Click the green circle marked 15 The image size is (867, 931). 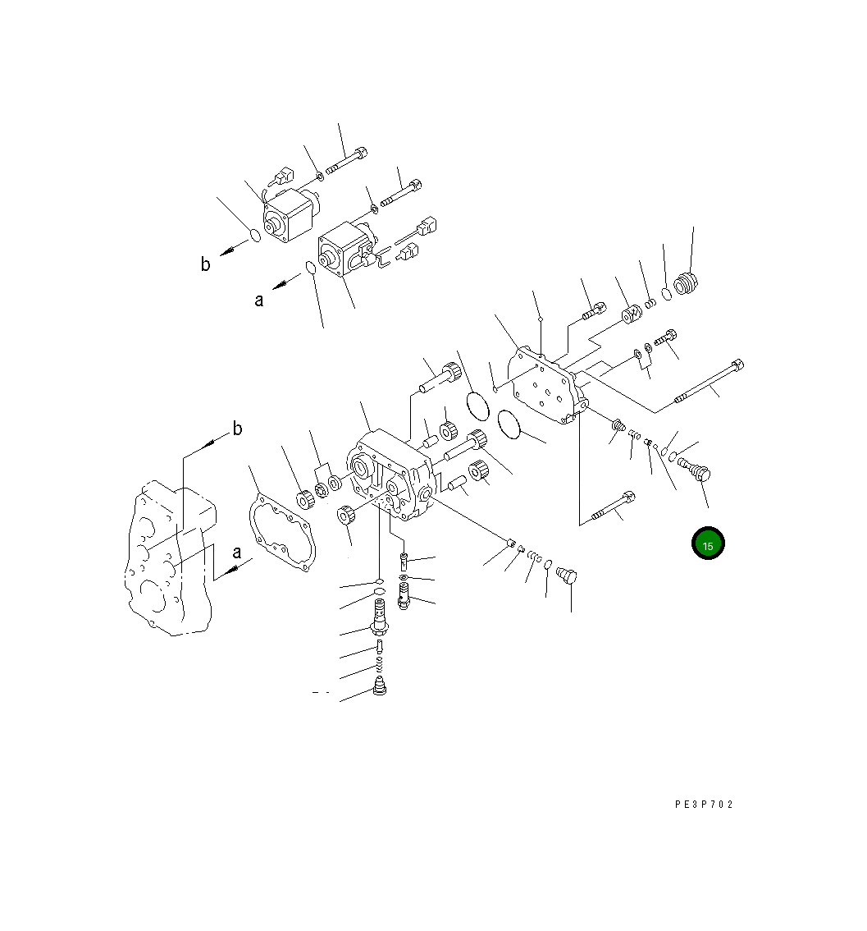708,543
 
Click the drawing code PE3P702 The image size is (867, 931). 704,805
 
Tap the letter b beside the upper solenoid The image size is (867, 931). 205,264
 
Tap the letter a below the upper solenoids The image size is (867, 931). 258,300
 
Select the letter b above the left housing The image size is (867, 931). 237,428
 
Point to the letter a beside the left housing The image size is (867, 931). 236,553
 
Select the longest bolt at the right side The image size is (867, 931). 710,381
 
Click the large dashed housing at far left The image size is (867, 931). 170,559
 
